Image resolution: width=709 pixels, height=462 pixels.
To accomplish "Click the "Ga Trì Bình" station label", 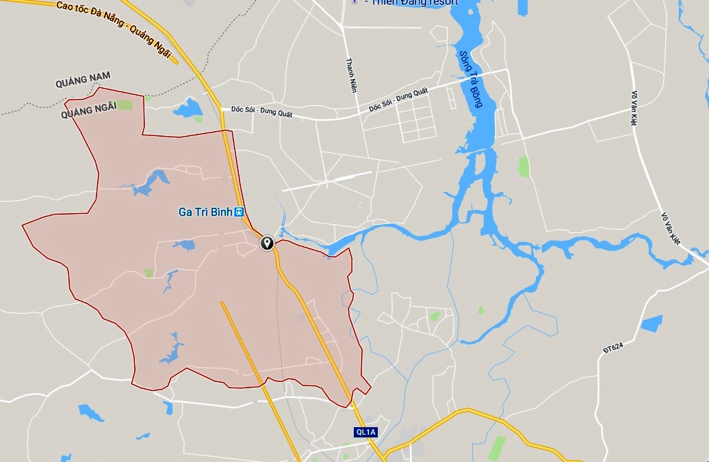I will pos(205,212).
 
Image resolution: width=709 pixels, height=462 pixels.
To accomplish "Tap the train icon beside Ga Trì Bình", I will pos(240,212).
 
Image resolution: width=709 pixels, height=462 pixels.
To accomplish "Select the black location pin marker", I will pos(267,243).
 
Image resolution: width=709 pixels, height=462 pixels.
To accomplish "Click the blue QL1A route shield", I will pos(365,432).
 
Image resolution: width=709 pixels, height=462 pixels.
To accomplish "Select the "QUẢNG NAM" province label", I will pos(83,81).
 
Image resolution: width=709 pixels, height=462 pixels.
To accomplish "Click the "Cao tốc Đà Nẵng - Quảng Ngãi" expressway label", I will pos(114,27).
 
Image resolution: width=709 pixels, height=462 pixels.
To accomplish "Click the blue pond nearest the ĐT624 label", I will pos(652,323).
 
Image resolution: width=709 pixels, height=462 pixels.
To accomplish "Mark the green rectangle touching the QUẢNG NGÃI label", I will pos(124,105).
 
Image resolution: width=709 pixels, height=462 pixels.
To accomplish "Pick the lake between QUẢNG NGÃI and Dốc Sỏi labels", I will pos(188,107).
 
